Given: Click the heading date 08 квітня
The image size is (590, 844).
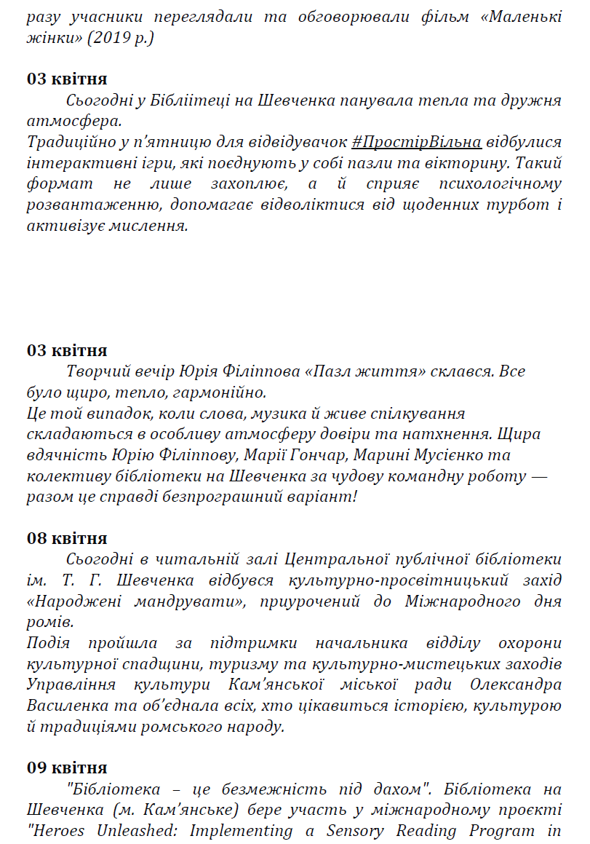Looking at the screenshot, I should (67, 538).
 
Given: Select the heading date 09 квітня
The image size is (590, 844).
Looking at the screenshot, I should (67, 768).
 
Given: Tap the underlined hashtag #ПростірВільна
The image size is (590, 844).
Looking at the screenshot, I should (416, 141).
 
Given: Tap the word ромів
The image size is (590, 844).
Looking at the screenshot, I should (47, 623).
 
